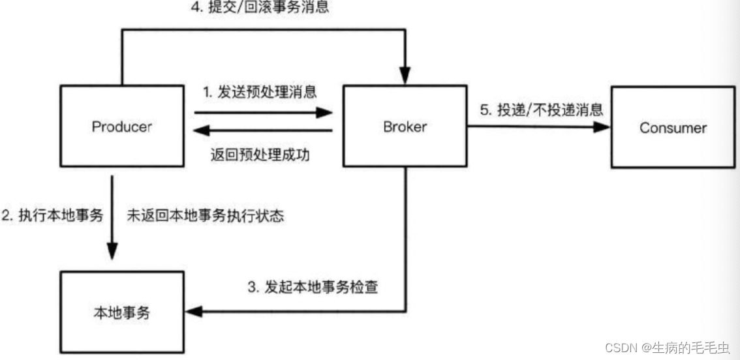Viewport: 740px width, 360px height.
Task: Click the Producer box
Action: pos(122,127)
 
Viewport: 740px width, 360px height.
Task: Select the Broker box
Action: pos(405,127)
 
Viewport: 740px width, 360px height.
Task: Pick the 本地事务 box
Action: pos(122,312)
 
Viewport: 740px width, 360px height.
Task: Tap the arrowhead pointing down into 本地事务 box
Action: pos(113,252)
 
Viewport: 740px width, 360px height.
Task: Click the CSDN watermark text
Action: pos(619,347)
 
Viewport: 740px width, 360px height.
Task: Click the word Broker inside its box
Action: pos(405,127)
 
